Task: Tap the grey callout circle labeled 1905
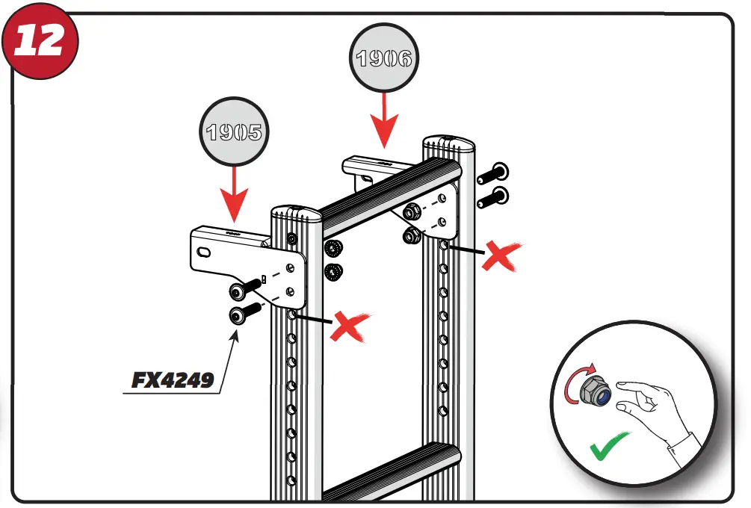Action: click(x=234, y=132)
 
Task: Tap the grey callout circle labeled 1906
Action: click(x=383, y=59)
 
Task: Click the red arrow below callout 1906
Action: click(x=383, y=120)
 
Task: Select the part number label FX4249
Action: click(x=173, y=380)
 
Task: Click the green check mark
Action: click(x=609, y=448)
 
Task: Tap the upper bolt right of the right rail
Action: click(x=492, y=173)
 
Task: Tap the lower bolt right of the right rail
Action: click(x=492, y=197)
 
